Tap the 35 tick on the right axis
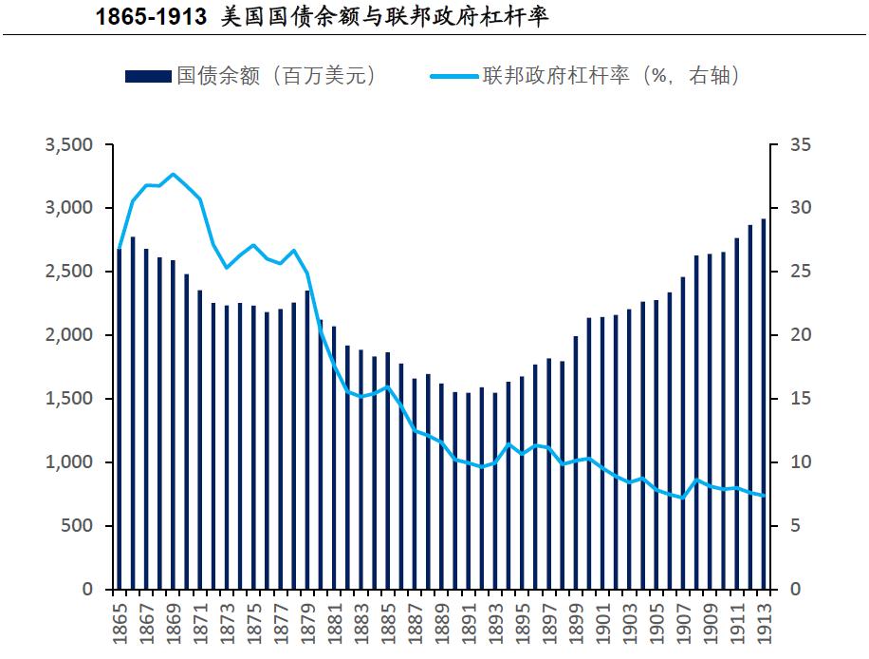(803, 145)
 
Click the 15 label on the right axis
(803, 399)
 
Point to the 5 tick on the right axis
(798, 526)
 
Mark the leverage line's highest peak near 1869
(173, 175)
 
